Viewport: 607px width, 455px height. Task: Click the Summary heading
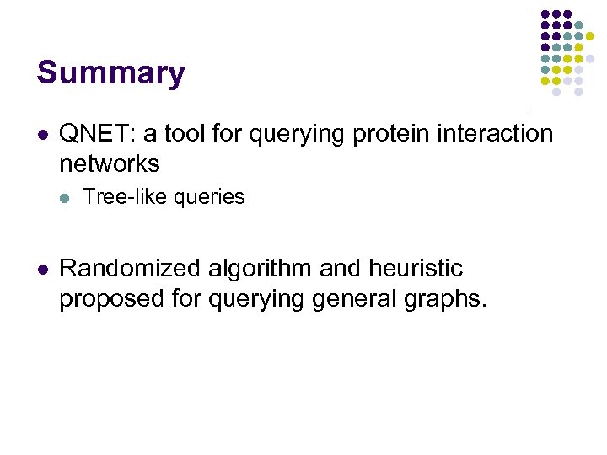[x=110, y=73]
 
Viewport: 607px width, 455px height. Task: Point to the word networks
[x=110, y=163]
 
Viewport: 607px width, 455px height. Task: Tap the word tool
[x=172, y=134]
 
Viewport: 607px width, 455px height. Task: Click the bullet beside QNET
[x=41, y=135]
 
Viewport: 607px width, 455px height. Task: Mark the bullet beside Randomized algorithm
[x=41, y=270]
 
